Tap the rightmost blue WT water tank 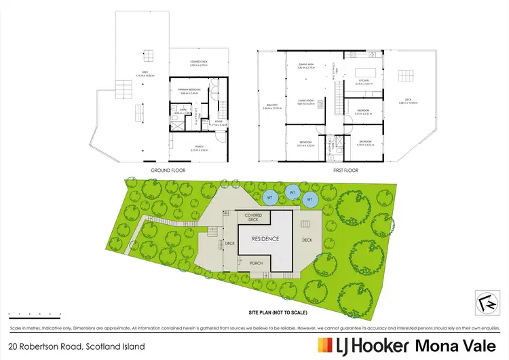tap(311, 200)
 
